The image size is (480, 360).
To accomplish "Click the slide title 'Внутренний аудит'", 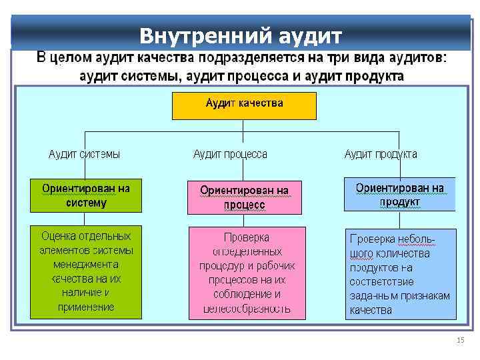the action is [x=241, y=34].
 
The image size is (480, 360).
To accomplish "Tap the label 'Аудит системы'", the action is [x=85, y=154].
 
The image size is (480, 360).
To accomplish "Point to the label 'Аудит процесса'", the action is [x=230, y=154].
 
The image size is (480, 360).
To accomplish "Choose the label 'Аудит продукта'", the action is [x=381, y=154].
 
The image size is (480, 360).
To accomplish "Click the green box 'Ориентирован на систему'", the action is [x=86, y=195].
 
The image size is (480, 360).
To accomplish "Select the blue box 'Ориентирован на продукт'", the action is [x=399, y=195].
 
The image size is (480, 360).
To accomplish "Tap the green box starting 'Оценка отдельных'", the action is [x=86, y=271].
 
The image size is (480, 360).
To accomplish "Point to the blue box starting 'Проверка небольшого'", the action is [x=399, y=273].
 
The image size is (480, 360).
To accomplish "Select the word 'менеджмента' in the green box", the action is [x=87, y=265].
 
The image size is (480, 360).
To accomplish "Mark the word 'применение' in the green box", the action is [x=87, y=307].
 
